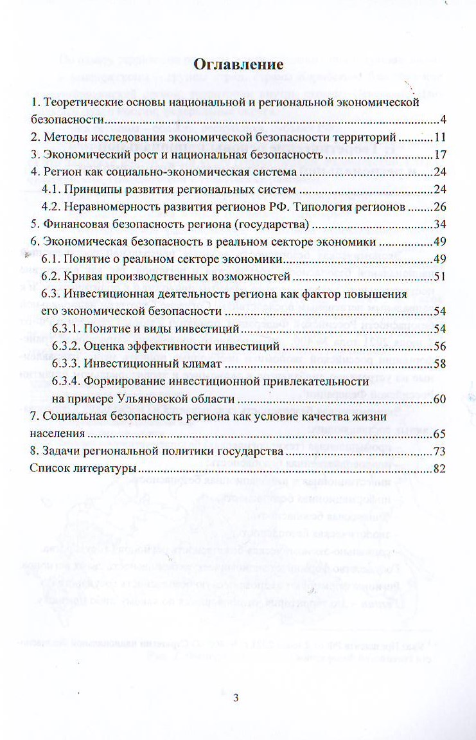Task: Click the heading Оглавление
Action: click(x=238, y=64)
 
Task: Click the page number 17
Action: click(x=439, y=155)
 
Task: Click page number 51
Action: click(x=439, y=277)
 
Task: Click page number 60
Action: click(x=439, y=399)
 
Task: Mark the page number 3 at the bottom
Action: click(x=236, y=698)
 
